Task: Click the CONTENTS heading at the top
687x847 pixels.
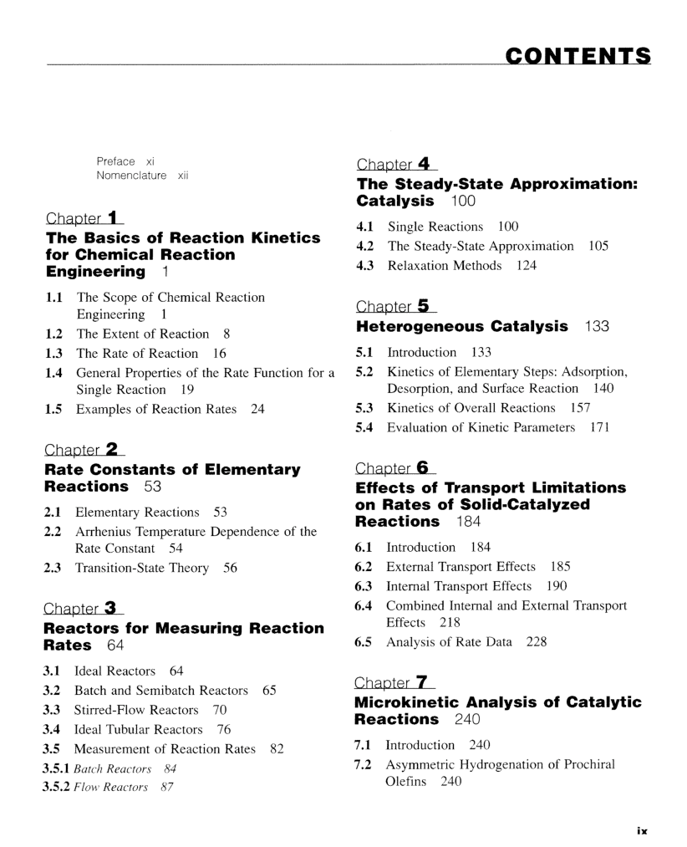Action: (x=578, y=56)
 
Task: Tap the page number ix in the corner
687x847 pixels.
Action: (x=641, y=831)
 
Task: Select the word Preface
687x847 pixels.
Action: (x=115, y=161)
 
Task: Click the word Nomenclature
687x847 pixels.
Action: (x=131, y=176)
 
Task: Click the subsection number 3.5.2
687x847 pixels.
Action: (x=56, y=787)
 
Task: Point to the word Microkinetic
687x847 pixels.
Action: (x=415, y=702)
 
